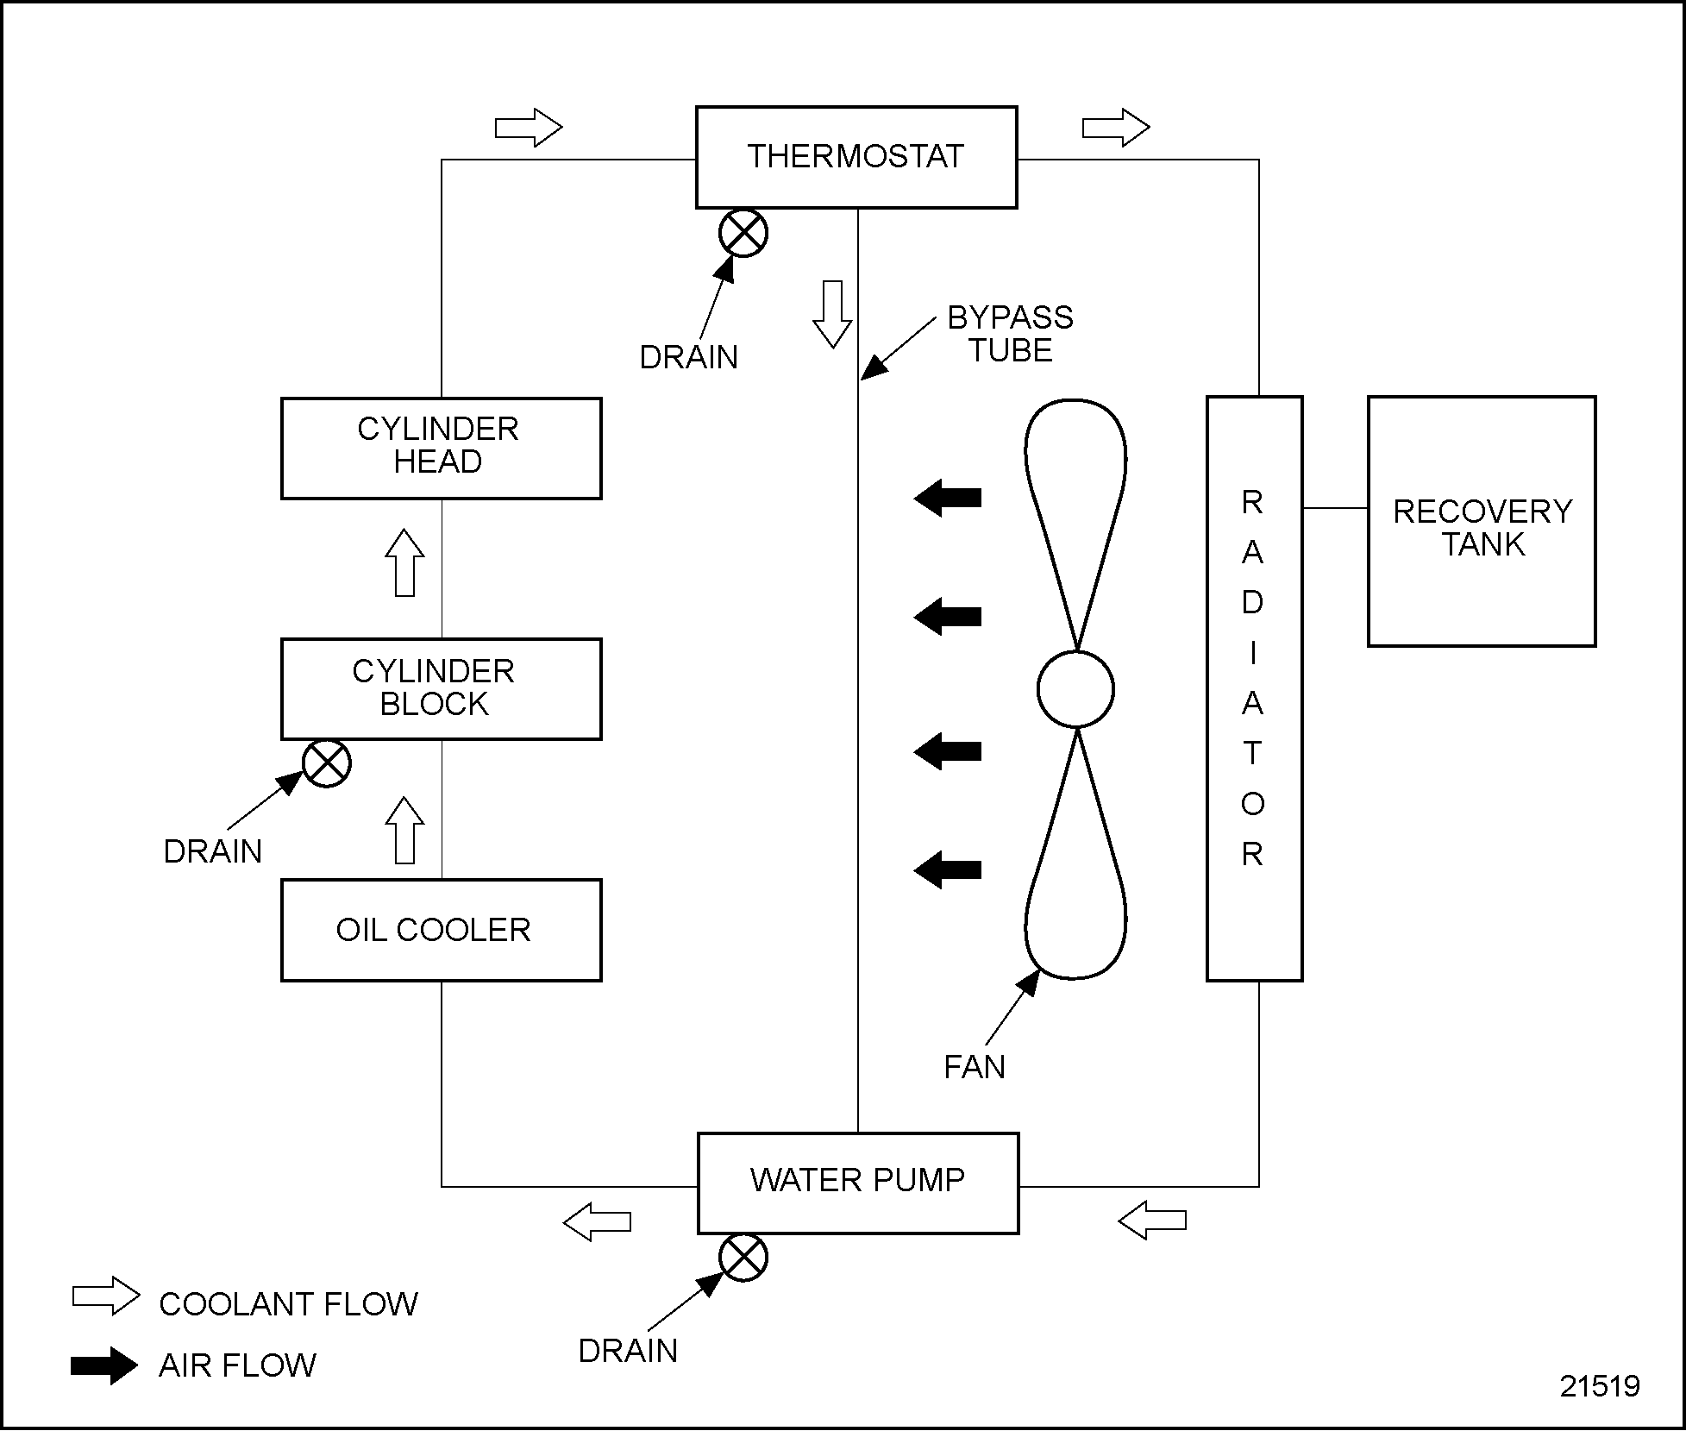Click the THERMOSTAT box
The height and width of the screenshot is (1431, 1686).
856,157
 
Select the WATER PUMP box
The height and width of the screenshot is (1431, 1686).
857,1183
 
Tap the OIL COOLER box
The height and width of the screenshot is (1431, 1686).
441,930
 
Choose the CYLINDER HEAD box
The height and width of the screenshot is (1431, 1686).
441,448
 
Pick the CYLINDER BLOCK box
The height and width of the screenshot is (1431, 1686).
441,688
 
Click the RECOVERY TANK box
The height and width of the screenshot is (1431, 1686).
1482,521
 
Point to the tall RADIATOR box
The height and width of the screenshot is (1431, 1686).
1254,688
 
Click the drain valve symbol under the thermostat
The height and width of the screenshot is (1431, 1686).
743,233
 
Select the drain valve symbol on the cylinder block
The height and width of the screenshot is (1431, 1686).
327,763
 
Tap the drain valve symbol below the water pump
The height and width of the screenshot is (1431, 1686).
743,1258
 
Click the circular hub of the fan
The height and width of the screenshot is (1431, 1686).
1075,689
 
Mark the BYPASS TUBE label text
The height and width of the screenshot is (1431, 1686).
1010,334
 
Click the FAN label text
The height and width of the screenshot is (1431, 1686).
975,1068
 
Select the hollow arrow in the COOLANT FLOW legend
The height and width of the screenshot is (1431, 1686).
105,1296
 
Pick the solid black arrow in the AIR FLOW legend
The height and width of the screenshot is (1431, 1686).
103,1365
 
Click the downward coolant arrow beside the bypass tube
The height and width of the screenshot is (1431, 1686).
832,314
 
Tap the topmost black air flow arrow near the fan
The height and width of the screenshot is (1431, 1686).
947,498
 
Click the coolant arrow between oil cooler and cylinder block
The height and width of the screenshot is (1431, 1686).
404,830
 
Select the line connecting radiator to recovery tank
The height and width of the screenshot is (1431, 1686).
1335,508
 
